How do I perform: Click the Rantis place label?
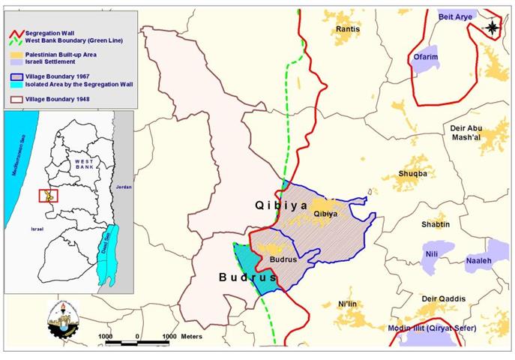(348, 29)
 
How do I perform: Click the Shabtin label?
(436, 224)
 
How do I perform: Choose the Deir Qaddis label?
(439, 298)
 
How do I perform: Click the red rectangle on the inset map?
(46, 196)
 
